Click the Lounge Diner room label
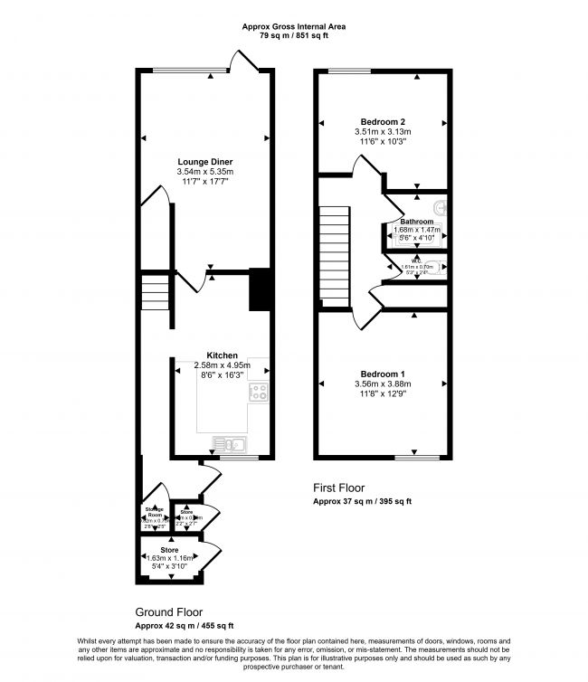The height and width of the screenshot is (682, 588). [x=204, y=162]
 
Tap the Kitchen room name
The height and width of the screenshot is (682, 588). [x=222, y=355]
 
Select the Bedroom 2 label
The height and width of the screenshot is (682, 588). [x=383, y=122]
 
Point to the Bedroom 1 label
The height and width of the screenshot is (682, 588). [x=383, y=374]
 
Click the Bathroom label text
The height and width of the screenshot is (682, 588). [x=416, y=222]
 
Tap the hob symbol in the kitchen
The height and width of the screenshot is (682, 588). [x=259, y=392]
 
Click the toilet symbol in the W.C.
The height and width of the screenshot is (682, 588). [x=441, y=268]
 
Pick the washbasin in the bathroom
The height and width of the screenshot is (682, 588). [x=441, y=206]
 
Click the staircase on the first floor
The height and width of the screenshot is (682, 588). [x=334, y=256]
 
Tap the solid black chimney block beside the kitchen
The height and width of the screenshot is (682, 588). [x=260, y=289]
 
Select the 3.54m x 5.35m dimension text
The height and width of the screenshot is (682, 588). [x=204, y=172]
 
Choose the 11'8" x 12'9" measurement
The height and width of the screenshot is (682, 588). [x=383, y=393]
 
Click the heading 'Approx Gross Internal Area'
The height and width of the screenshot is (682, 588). [x=294, y=27]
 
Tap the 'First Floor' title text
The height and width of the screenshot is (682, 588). [x=339, y=488]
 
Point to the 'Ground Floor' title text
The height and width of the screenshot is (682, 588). [x=168, y=612]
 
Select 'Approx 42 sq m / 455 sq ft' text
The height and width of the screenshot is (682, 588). [x=185, y=626]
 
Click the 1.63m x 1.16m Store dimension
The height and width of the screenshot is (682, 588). [x=169, y=559]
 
